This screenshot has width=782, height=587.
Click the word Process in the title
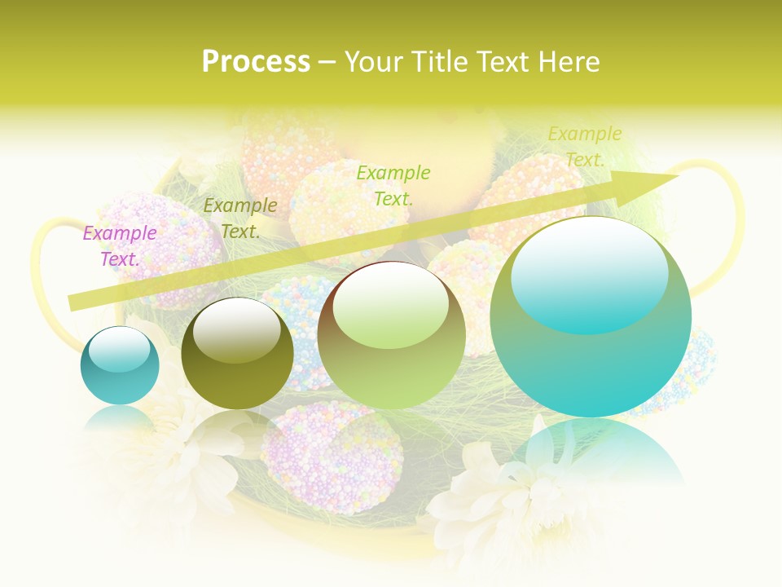click(x=256, y=61)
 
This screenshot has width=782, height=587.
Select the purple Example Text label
click(x=120, y=245)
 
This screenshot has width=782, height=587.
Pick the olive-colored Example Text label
click(x=240, y=218)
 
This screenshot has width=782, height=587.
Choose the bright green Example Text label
click(x=393, y=185)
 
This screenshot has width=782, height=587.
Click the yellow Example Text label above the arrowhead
click(x=584, y=146)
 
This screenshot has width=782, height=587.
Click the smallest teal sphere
click(x=120, y=365)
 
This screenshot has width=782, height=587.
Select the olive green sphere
click(x=237, y=355)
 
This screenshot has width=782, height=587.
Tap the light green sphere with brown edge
click(x=391, y=336)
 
